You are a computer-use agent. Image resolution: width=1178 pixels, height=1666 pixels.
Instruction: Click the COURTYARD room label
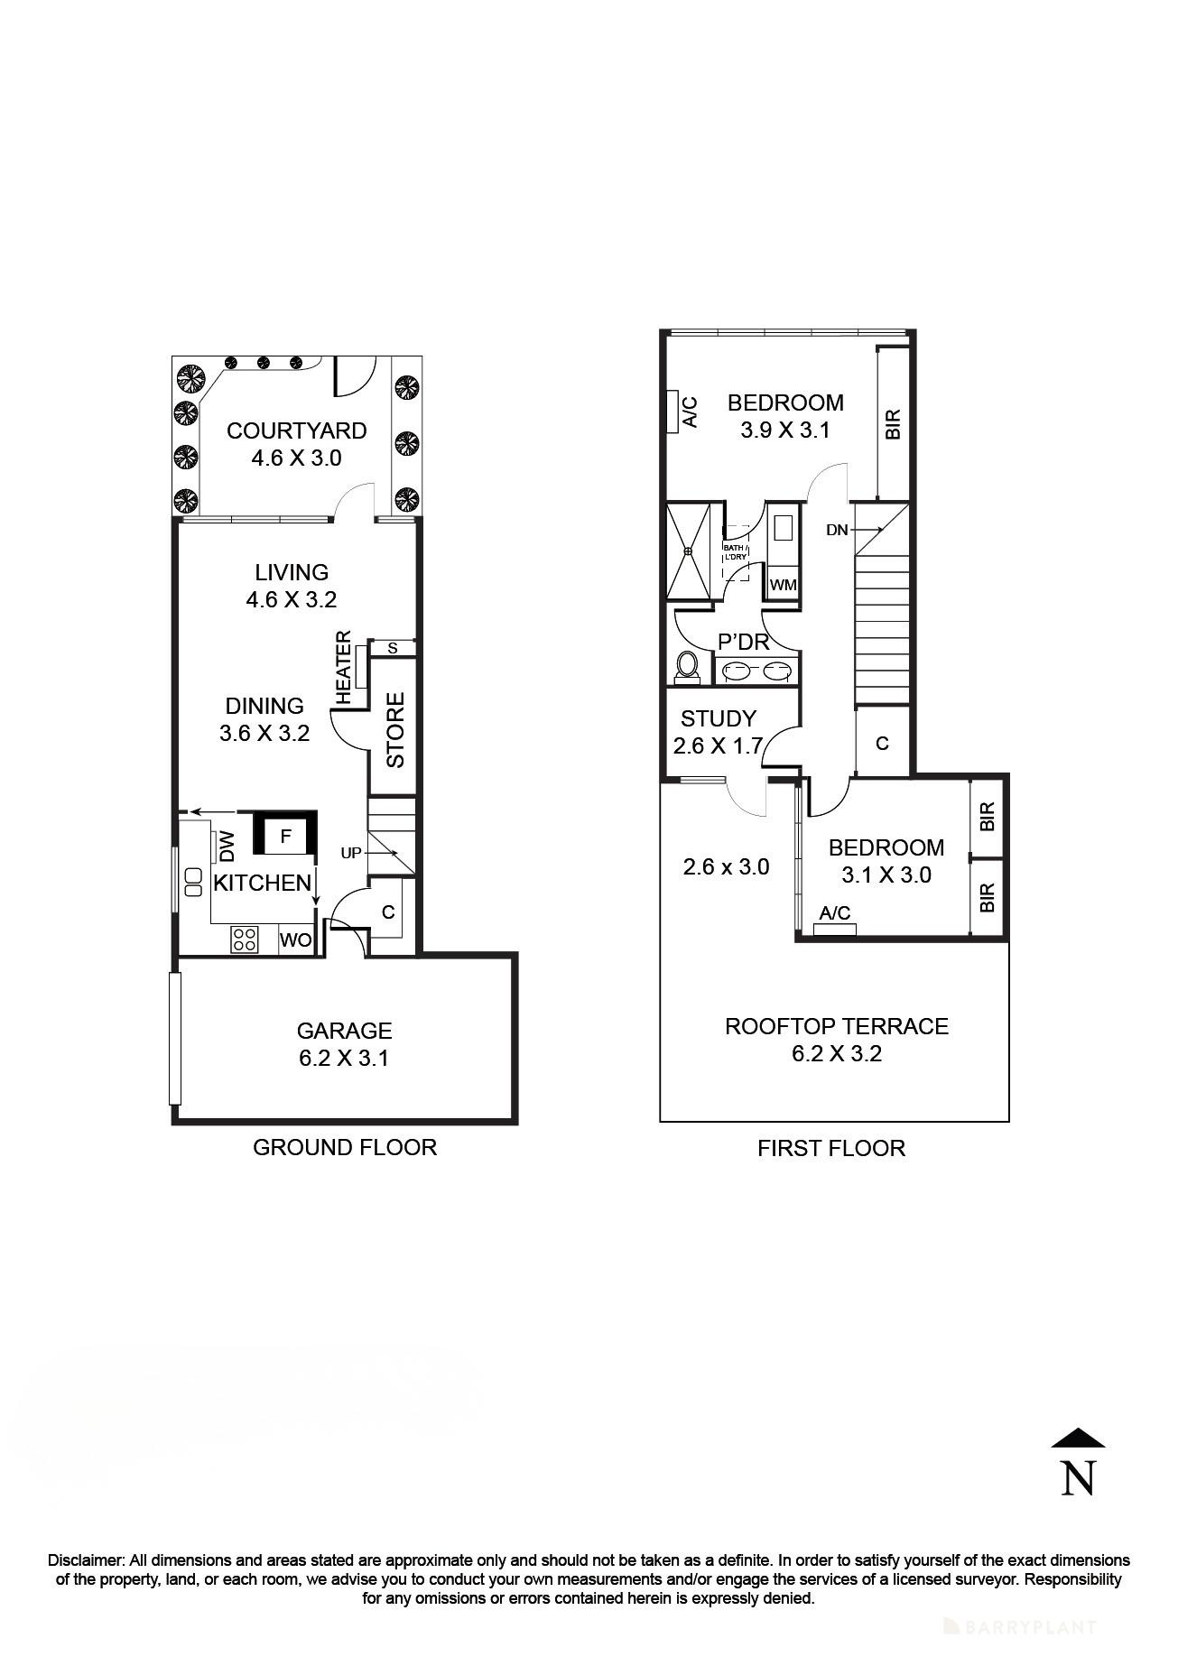tap(296, 430)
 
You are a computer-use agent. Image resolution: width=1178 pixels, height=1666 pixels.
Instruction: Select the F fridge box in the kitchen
tap(285, 837)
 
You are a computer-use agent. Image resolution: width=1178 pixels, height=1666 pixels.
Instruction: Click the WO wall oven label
tap(295, 940)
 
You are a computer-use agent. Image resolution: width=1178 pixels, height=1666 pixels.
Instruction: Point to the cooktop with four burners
tap(244, 939)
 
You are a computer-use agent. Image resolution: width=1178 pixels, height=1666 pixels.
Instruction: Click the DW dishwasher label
tap(227, 846)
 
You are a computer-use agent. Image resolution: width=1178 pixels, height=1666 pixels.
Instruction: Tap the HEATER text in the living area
tap(344, 668)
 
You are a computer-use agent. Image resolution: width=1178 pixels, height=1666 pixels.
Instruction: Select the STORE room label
tap(395, 729)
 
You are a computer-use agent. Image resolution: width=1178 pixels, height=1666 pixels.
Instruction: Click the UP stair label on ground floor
tap(351, 852)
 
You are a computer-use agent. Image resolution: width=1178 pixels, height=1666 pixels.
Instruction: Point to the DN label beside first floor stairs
tap(837, 530)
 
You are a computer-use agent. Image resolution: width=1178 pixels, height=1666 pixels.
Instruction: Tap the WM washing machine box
tap(783, 585)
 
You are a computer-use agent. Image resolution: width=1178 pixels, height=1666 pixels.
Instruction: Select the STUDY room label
tap(718, 718)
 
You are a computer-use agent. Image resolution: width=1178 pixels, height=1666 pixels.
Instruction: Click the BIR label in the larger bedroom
tap(893, 424)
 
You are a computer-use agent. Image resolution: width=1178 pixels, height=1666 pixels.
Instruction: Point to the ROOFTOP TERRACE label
tap(836, 1026)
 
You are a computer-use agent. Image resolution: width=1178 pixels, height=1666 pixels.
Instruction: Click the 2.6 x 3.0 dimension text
tap(726, 867)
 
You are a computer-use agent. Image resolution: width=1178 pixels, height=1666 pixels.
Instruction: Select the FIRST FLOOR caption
tap(830, 1148)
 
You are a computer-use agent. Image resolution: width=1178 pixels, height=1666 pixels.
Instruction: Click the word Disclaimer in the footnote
tap(86, 1560)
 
